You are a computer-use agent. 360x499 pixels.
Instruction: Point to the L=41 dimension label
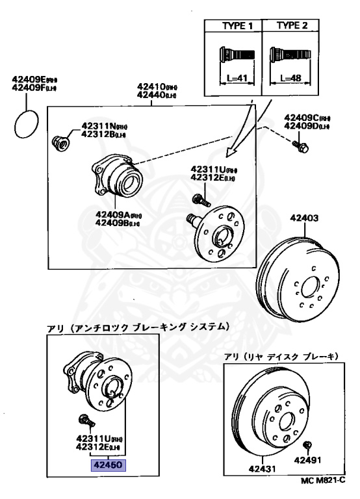click(233, 77)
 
